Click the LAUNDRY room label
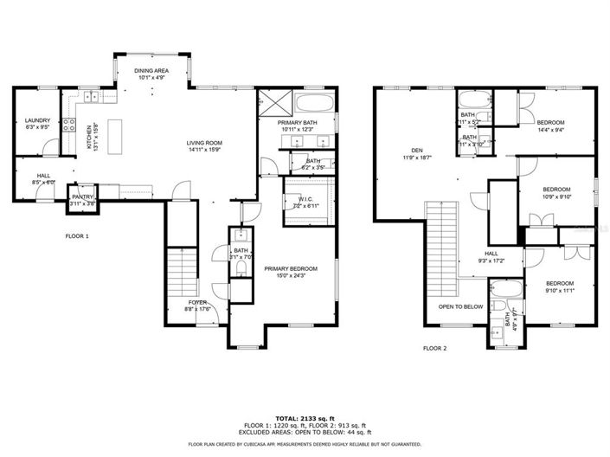click(37, 120)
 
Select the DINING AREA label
click(151, 70)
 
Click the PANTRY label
click(82, 197)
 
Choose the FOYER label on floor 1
click(198, 303)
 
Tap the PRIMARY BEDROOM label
click(291, 269)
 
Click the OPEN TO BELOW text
click(460, 306)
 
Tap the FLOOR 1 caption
click(77, 235)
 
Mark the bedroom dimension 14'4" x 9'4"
click(550, 130)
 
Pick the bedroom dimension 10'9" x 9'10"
click(555, 196)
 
